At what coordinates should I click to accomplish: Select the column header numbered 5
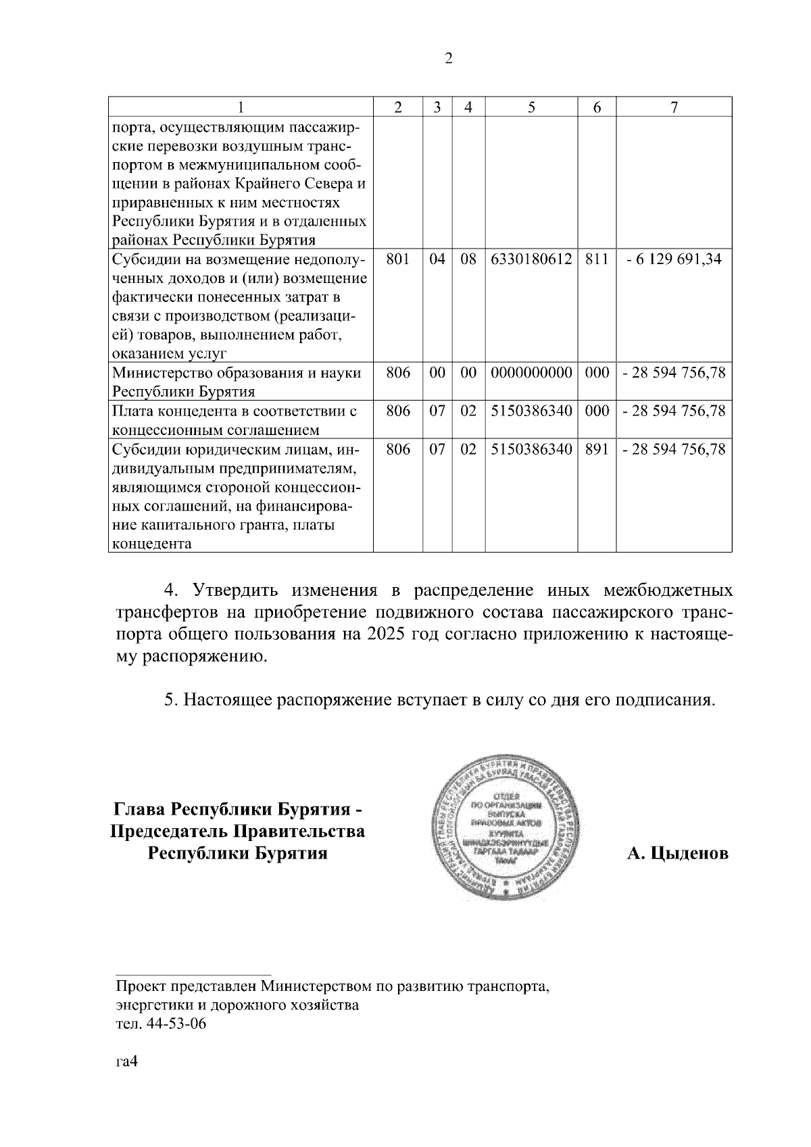[531, 107]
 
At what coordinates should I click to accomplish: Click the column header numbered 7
[674, 107]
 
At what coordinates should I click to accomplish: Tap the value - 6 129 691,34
[674, 259]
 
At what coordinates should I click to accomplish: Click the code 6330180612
[531, 259]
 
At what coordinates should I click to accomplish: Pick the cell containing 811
[597, 259]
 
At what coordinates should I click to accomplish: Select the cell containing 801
[398, 259]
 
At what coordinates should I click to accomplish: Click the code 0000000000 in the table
[531, 373]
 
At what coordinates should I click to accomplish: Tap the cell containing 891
[597, 449]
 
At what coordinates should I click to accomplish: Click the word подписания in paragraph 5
[663, 699]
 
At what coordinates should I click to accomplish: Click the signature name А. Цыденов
[677, 853]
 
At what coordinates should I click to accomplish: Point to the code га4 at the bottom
[126, 1062]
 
